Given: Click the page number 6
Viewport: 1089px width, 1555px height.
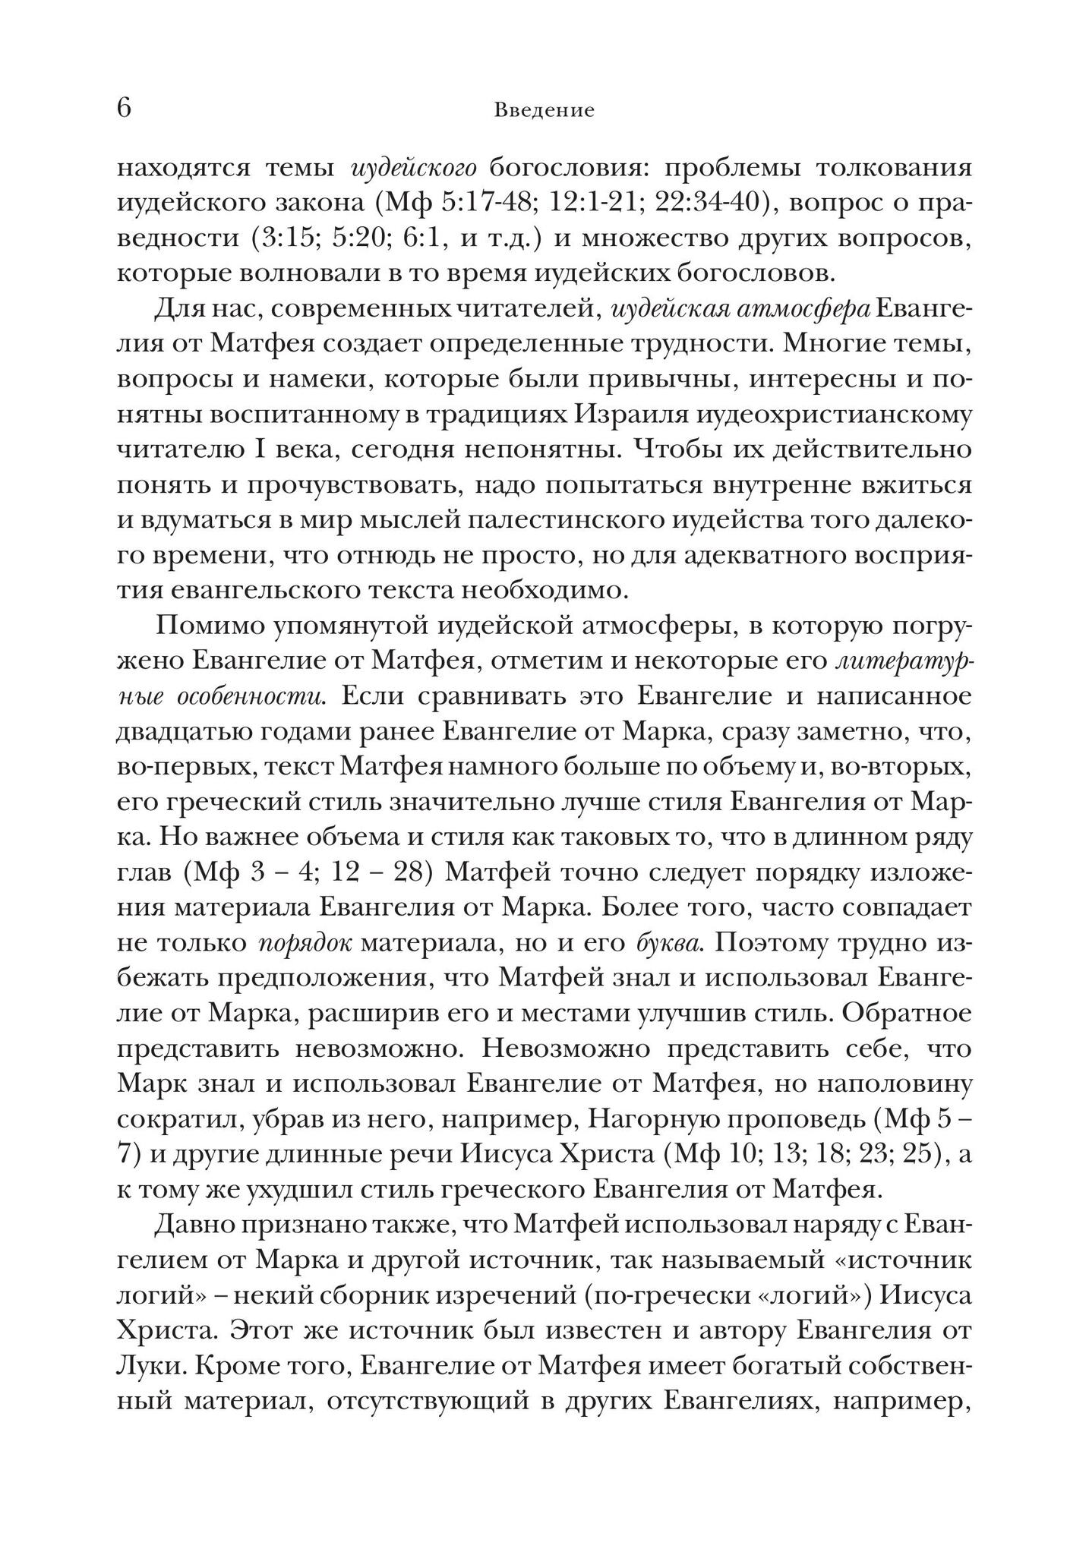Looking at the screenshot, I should pyautogui.click(x=125, y=109).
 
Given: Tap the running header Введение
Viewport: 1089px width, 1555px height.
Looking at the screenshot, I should pyautogui.click(x=544, y=111).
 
